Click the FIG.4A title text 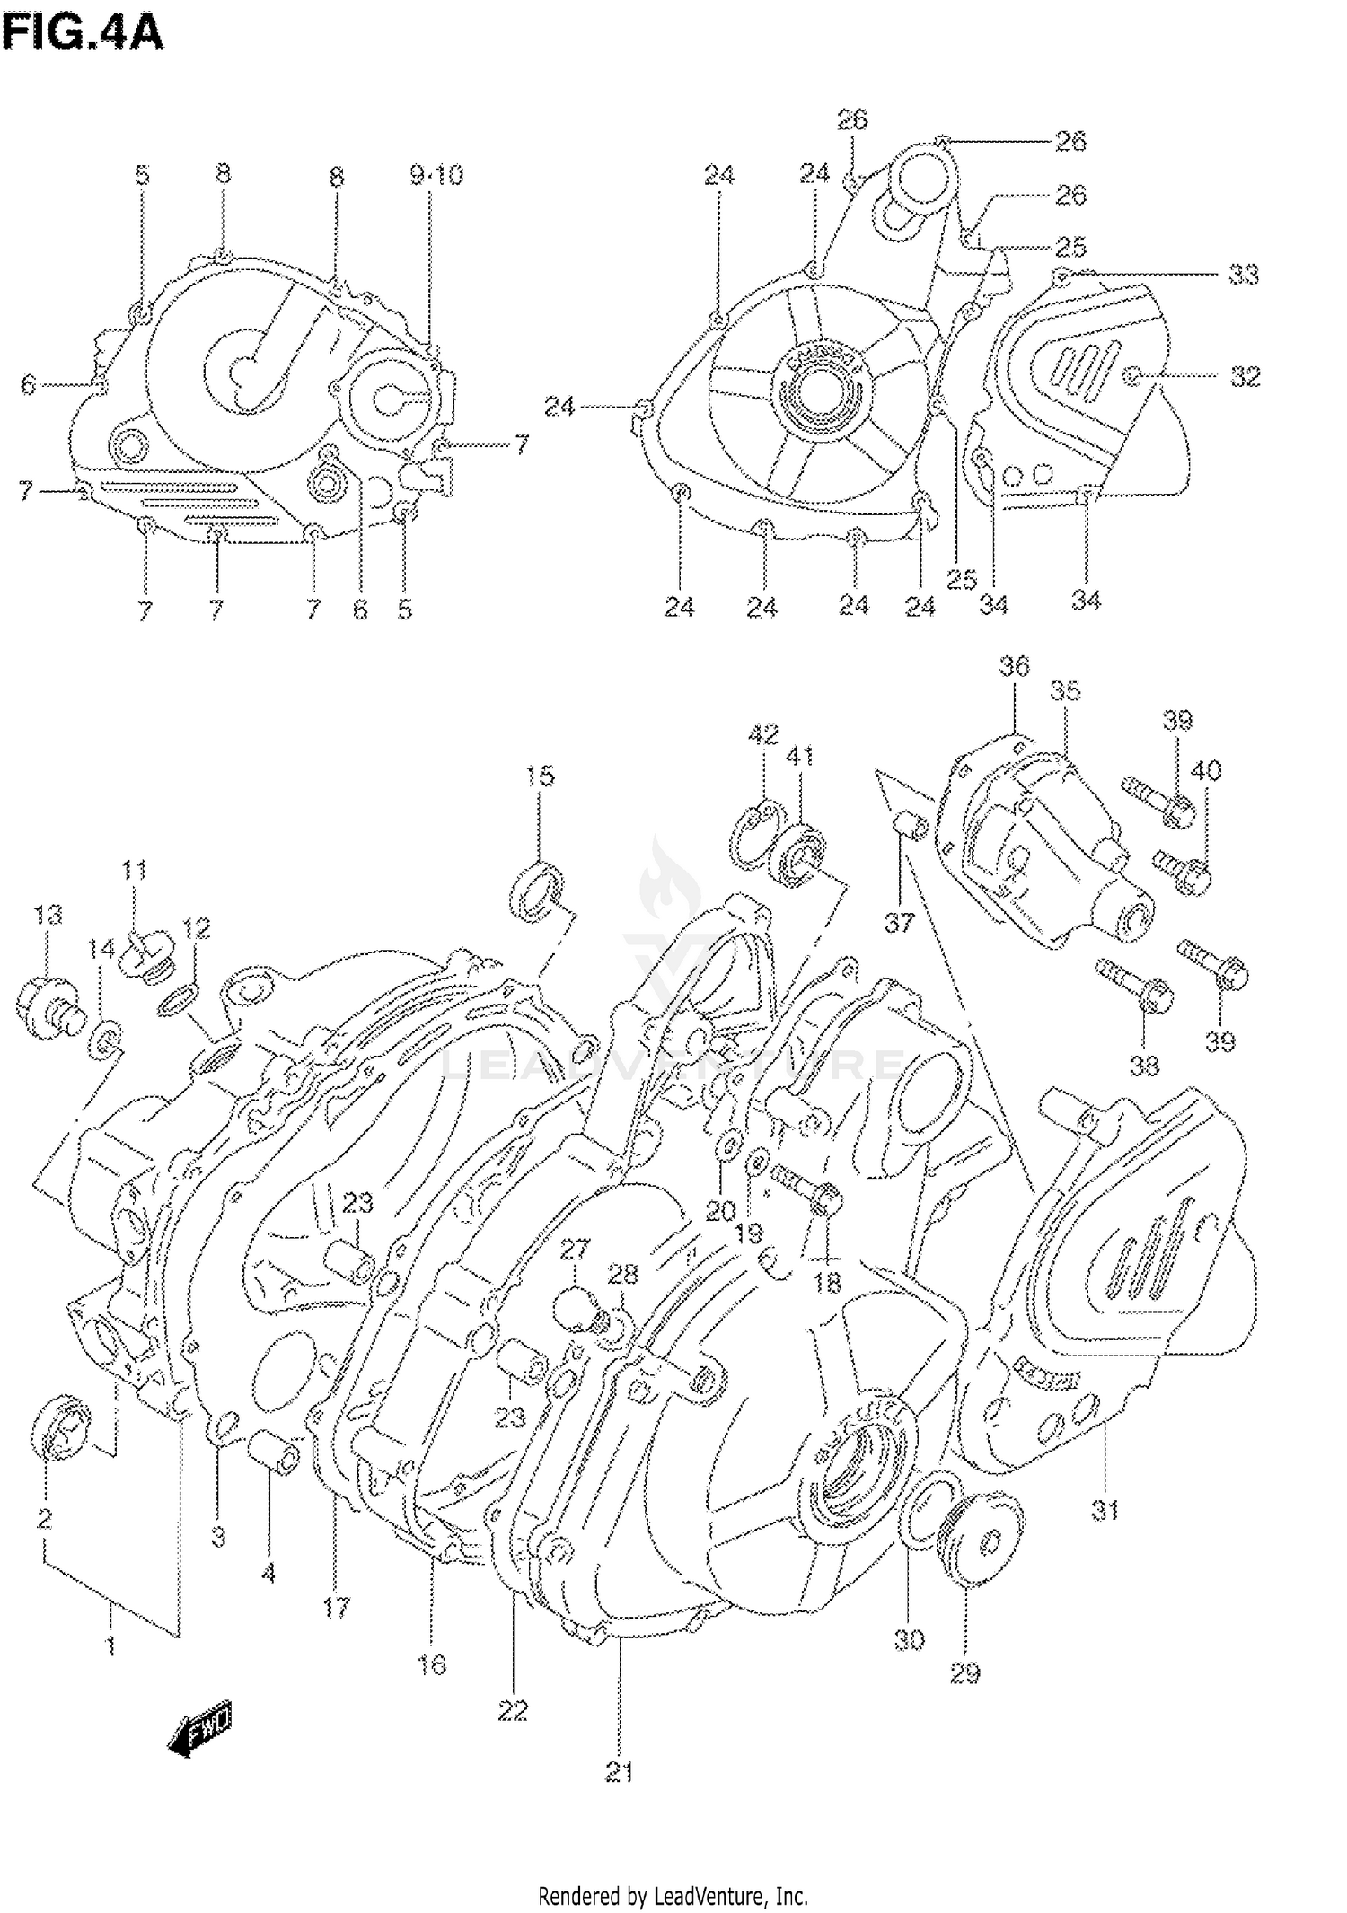83,34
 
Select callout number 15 540,776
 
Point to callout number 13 48,915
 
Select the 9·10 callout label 436,175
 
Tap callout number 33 1244,275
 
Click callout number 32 1245,377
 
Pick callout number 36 1015,666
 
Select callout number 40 1206,770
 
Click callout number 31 1105,1510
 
